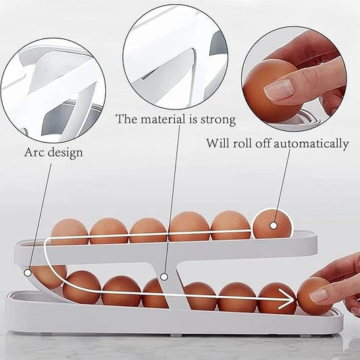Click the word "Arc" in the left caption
click(x=34, y=152)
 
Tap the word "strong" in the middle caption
click(x=218, y=120)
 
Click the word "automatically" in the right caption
click(x=311, y=144)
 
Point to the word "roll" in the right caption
click(x=242, y=143)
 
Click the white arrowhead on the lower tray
click(x=286, y=299)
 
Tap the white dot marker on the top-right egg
click(x=274, y=226)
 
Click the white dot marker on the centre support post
click(x=163, y=277)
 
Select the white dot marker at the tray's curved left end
click(x=28, y=273)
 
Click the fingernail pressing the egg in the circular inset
click(x=278, y=90)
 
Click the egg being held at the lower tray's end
click(x=315, y=297)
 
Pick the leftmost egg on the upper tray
click(x=70, y=232)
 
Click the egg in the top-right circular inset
click(x=272, y=91)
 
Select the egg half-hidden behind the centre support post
click(x=153, y=293)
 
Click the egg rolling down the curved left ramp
click(x=49, y=276)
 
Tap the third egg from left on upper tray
click(x=148, y=230)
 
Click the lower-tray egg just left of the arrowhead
click(x=277, y=299)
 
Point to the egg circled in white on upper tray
click(x=272, y=224)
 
